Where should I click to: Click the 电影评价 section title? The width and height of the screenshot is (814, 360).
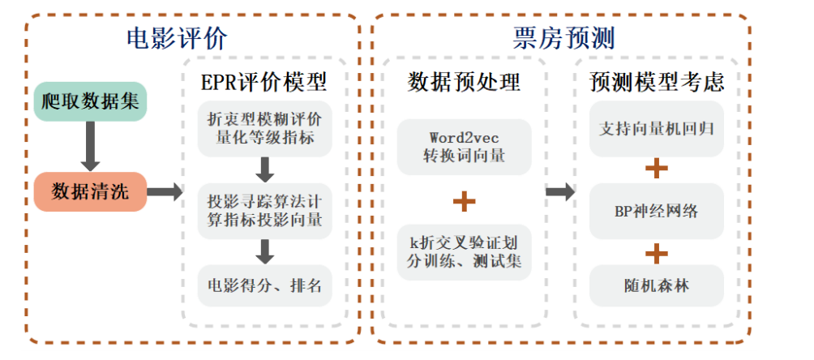pos(177,38)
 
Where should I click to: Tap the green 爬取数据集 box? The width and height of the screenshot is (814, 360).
pos(90,102)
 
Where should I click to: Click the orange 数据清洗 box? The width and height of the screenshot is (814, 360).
pos(90,191)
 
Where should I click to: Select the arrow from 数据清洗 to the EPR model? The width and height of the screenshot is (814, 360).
pos(165,192)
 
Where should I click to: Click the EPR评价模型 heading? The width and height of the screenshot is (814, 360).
pos(264,83)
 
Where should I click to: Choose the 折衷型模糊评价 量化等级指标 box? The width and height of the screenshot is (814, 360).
pos(264,128)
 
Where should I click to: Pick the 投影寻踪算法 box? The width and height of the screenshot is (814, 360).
pos(264,209)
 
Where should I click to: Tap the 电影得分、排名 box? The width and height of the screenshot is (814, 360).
pos(264,285)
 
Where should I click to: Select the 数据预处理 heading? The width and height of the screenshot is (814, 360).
pos(464,83)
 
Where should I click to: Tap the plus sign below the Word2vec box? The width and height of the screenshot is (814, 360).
pos(464,200)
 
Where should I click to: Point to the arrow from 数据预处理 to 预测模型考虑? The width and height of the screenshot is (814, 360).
pos(559,192)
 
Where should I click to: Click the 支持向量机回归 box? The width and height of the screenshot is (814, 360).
pos(656,128)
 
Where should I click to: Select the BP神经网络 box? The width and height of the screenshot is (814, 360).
pos(656,212)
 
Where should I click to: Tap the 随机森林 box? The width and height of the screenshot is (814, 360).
pos(656,285)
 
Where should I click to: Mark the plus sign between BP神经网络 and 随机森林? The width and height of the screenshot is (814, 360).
pos(656,251)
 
